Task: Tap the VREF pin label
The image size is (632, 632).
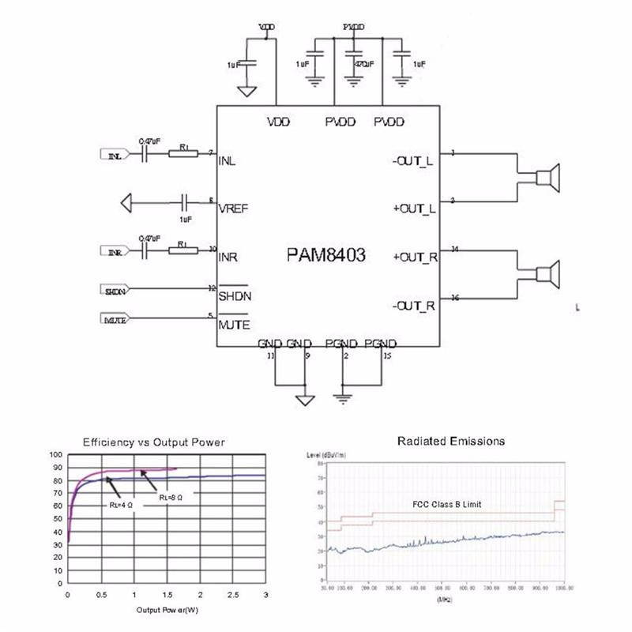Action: coord(234,209)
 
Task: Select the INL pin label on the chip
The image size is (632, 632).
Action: coord(228,160)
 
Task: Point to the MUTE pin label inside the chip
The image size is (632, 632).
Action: coord(235,324)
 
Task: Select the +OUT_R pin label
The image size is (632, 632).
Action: coord(414,258)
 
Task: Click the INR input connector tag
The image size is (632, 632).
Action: coord(115,252)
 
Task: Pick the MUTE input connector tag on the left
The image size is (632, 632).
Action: coord(115,319)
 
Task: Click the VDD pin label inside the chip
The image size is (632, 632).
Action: coord(278,122)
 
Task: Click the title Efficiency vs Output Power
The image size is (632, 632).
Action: coord(154,442)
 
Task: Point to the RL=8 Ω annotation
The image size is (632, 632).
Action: coord(170,497)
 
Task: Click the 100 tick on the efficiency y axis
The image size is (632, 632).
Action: coord(55,455)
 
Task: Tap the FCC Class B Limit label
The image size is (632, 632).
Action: coord(446,504)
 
